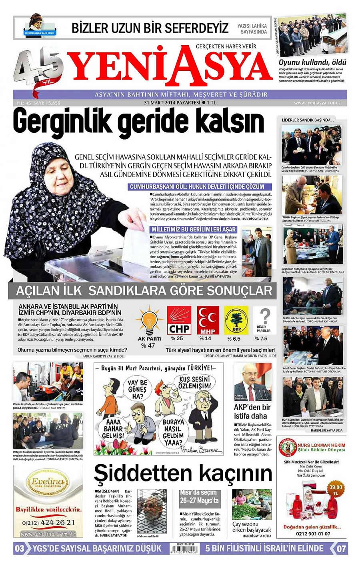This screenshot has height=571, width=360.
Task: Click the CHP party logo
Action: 179,320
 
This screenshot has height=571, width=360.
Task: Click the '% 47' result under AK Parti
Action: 148,345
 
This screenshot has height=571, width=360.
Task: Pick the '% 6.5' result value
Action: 234,339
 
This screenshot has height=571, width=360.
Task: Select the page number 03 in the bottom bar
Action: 20,548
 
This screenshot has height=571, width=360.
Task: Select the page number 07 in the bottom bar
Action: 341,548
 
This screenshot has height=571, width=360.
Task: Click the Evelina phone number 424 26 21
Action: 48,522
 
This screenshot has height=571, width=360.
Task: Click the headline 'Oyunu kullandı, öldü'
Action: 312,62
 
